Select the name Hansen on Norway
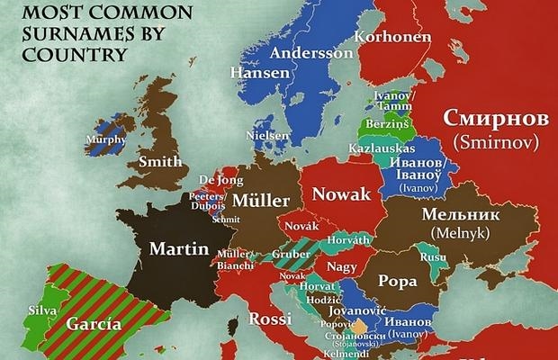click(x=254, y=72)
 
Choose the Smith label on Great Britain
click(x=156, y=162)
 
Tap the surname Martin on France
click(x=179, y=248)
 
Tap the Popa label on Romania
click(x=397, y=280)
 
